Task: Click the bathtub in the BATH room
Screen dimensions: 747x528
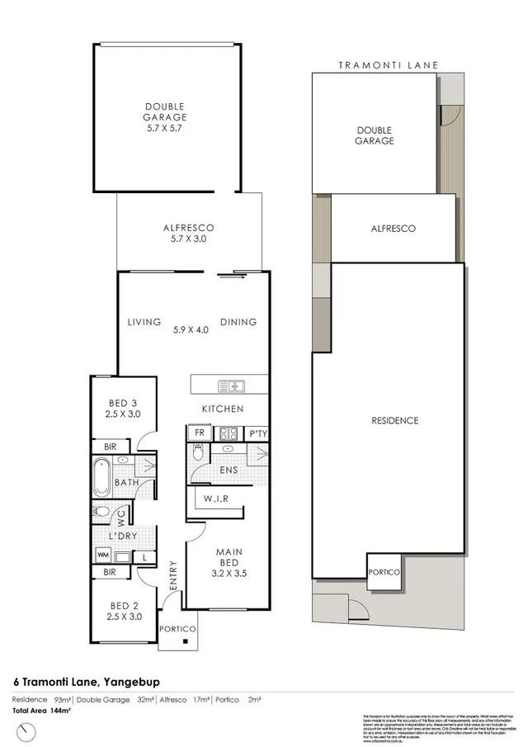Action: [x=103, y=476]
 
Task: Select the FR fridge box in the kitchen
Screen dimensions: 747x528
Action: [x=199, y=432]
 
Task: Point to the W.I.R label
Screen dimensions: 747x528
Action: [x=211, y=498]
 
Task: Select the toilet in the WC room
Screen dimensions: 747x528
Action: [x=101, y=512]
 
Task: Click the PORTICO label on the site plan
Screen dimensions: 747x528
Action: [x=384, y=571]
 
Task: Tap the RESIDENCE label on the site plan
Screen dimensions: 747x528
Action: [x=394, y=420]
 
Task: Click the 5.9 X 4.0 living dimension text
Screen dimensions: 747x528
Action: [x=191, y=329]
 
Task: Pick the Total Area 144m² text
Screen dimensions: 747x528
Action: [x=40, y=709]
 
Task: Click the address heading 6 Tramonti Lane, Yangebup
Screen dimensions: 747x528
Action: [x=87, y=682]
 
